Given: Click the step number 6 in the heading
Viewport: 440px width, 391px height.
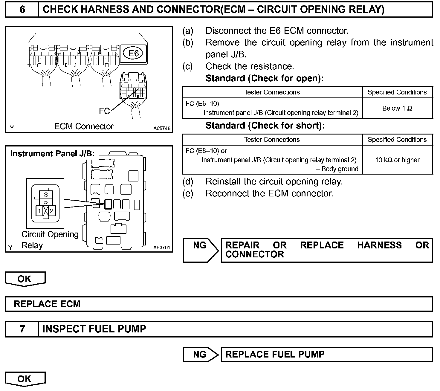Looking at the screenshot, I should coord(22,10).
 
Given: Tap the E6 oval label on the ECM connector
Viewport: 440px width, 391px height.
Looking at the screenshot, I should coord(133,54).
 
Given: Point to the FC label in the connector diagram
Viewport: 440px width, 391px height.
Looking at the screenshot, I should coord(104,111).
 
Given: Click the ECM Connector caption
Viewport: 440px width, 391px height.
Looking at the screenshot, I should coord(84,126).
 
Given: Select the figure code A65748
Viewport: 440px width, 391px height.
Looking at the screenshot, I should coord(162,128).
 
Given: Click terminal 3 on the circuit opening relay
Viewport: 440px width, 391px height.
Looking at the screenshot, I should coord(46,195).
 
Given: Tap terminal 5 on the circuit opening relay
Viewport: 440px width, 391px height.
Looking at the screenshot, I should coord(46,202).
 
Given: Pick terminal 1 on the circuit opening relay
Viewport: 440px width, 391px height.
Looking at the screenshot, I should coord(39,211).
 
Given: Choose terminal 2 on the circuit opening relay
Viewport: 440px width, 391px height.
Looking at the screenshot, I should coord(52,211).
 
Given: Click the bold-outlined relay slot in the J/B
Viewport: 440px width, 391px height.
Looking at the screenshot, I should coord(108,204).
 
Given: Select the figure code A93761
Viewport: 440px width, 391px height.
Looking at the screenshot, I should coord(162,248).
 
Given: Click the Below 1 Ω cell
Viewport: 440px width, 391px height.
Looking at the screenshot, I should coord(397,108).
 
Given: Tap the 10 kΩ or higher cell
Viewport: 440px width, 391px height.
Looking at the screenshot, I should coord(397,160).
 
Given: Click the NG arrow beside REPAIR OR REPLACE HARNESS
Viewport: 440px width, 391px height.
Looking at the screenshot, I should coord(200,250).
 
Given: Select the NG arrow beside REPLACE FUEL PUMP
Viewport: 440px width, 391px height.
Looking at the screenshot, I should coord(200,355).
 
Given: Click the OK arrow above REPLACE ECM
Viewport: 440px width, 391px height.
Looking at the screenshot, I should coord(25,279).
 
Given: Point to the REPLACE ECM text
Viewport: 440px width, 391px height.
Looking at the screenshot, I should coord(47,304).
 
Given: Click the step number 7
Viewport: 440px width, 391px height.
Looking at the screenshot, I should coord(22,329).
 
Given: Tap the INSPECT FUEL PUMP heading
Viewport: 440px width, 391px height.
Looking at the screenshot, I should coord(94,329).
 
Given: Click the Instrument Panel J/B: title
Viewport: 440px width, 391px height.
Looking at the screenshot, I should coord(52,154).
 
